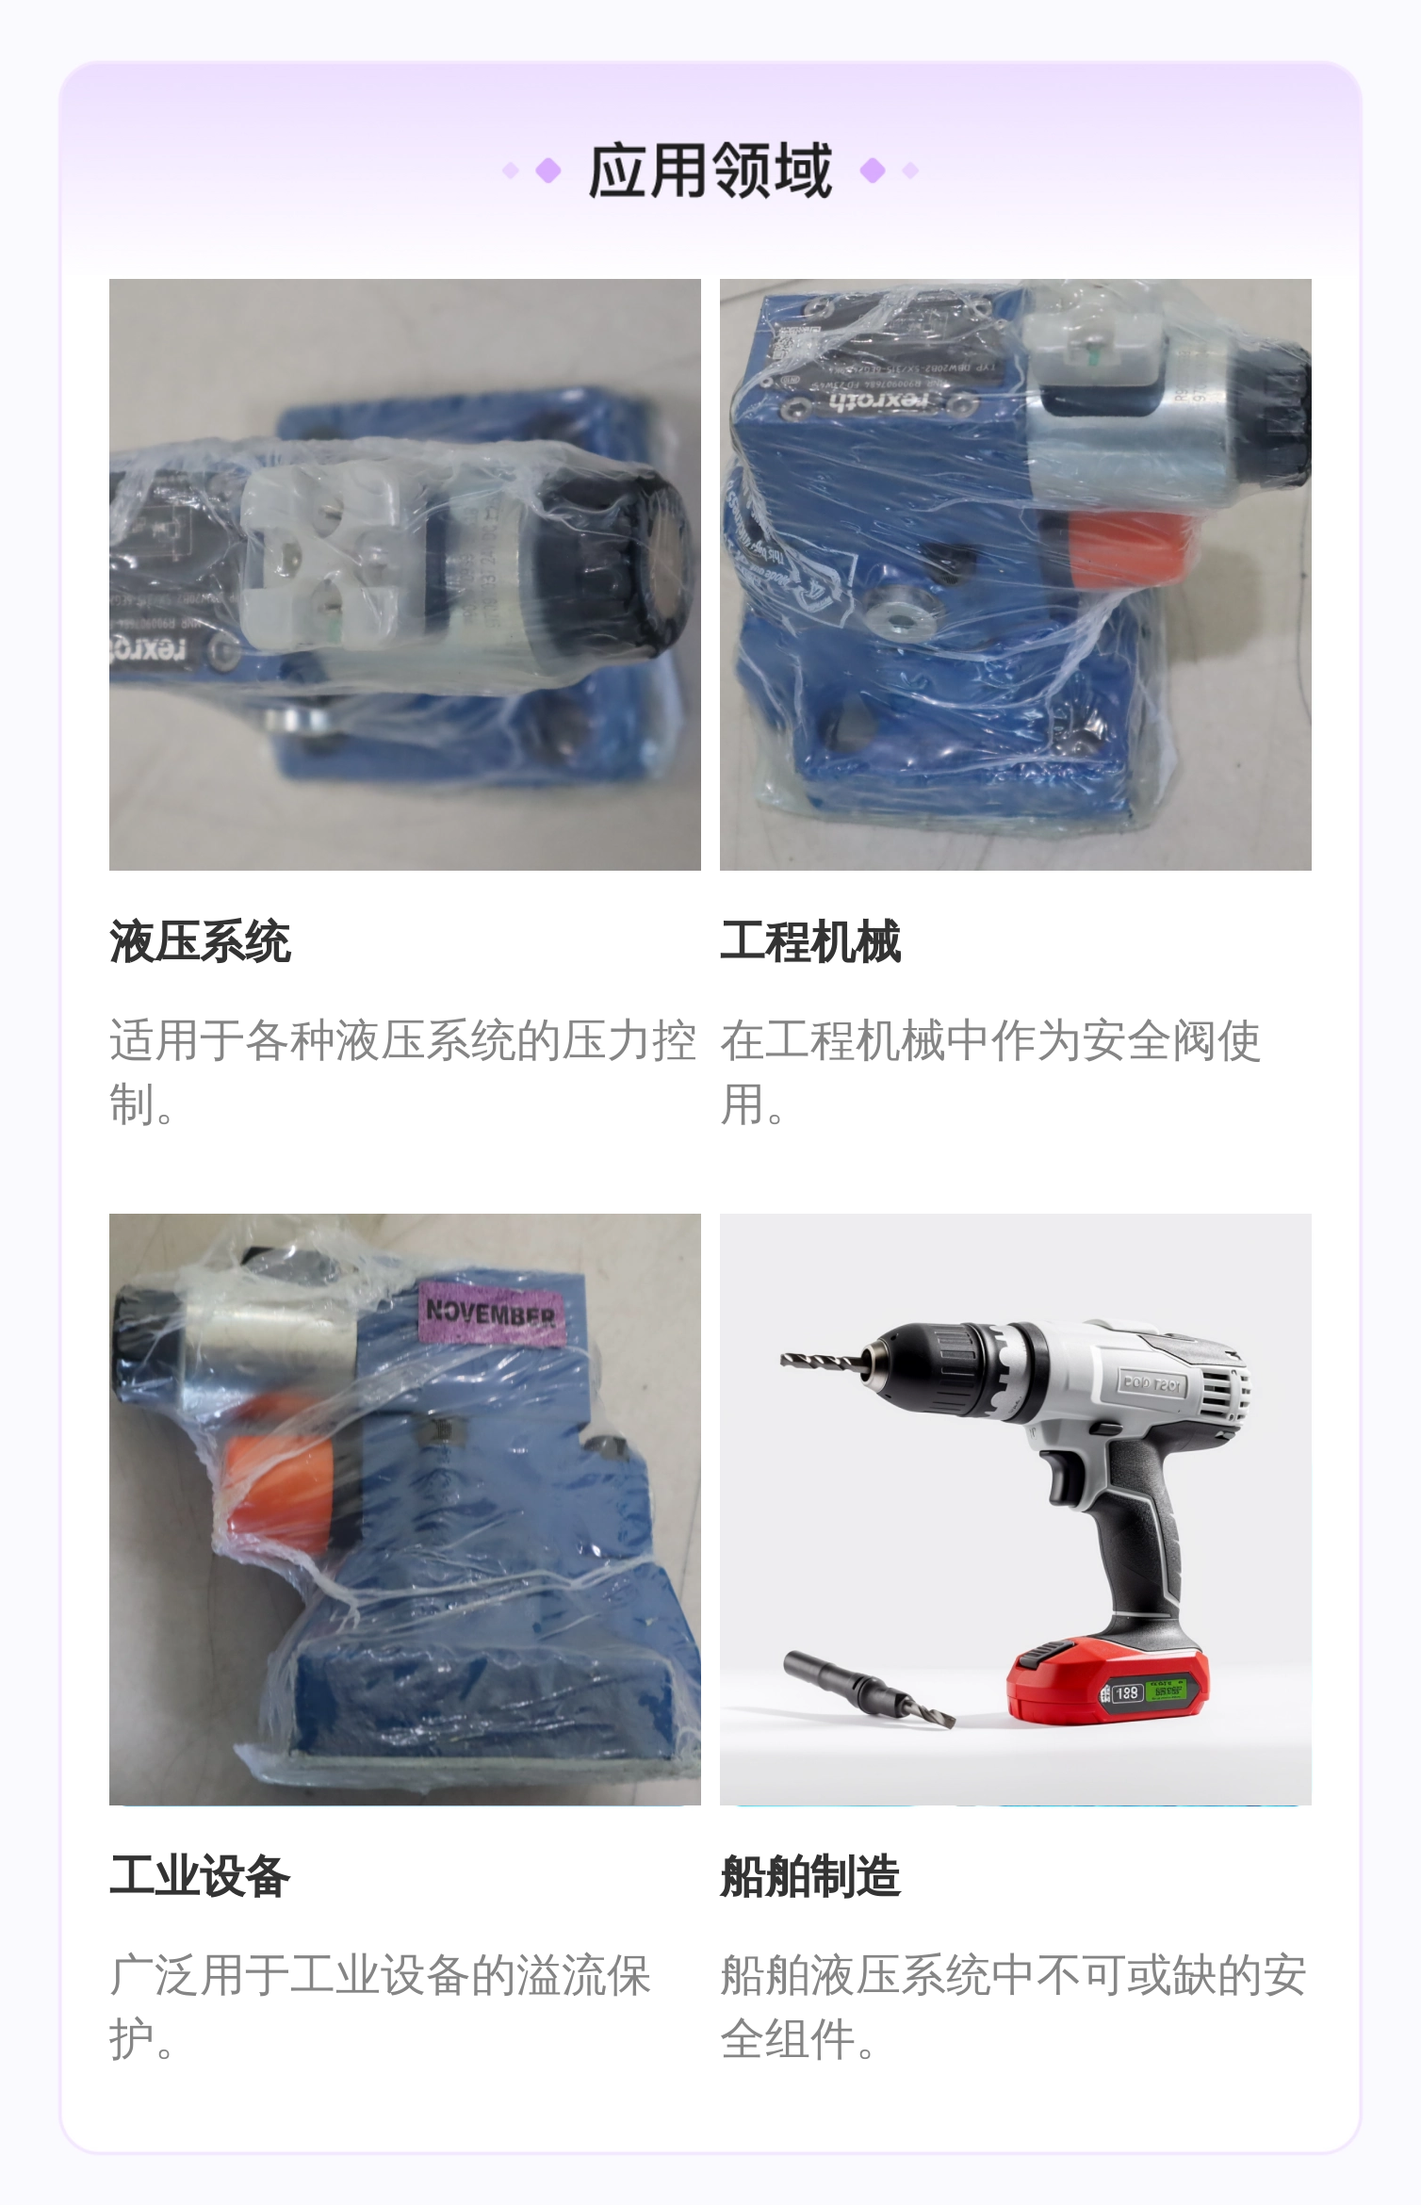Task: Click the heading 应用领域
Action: click(710, 171)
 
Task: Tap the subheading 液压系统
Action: click(200, 941)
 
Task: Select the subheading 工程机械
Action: click(810, 941)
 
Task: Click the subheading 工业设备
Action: click(200, 1875)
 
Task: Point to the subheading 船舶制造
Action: click(810, 1875)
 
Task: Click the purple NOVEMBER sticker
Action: click(492, 1311)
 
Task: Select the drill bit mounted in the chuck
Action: click(820, 1361)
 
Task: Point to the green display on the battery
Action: click(1168, 1690)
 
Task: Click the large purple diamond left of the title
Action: click(548, 171)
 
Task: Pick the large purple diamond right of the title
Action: click(873, 171)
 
